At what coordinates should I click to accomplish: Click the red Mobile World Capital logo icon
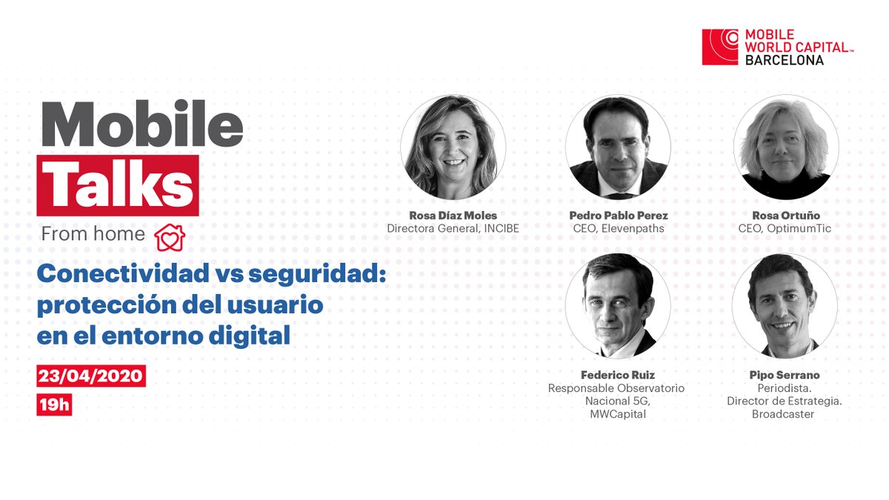click(x=720, y=47)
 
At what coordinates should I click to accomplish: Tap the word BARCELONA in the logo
click(x=785, y=60)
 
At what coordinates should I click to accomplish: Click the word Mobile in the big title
click(x=141, y=124)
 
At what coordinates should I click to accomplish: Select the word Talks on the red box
click(x=119, y=181)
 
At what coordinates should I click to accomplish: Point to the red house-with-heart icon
click(x=170, y=236)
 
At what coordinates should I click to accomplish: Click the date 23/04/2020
click(x=90, y=376)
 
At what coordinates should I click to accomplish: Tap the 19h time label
click(x=54, y=405)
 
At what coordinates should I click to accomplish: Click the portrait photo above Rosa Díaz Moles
click(x=453, y=147)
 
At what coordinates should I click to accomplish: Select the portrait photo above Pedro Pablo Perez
click(x=618, y=147)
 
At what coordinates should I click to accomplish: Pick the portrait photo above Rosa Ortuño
click(x=786, y=147)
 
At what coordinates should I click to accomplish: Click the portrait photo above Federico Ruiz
click(x=618, y=306)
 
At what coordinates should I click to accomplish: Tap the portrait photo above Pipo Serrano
click(x=785, y=306)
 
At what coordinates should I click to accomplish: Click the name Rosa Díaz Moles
click(x=453, y=216)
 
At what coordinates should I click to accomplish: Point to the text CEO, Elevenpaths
click(x=618, y=229)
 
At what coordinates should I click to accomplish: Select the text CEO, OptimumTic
click(x=785, y=229)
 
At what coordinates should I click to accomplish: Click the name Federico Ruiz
click(x=618, y=375)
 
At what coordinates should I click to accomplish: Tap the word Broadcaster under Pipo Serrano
click(x=783, y=414)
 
